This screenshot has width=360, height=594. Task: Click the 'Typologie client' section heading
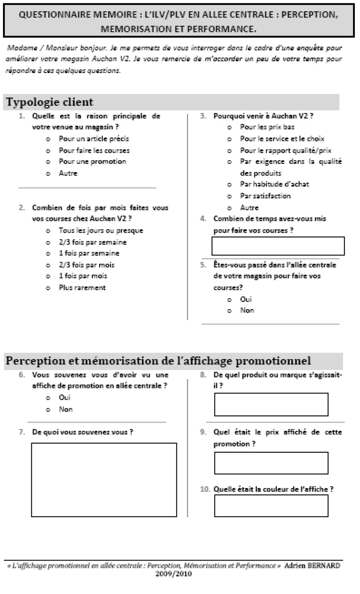coord(50,103)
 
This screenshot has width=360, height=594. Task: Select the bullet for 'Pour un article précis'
coord(48,139)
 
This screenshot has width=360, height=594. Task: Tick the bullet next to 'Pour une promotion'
coord(48,162)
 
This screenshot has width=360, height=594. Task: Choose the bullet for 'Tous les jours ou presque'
coord(48,231)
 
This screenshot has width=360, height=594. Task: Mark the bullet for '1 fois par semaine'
coord(48,254)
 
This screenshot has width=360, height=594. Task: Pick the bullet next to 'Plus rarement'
coord(48,288)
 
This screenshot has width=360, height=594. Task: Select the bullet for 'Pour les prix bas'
coord(229,128)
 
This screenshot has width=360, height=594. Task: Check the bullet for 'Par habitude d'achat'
coord(229,184)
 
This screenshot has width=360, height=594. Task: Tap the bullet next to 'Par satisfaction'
coord(229,196)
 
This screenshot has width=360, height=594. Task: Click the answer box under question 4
coord(278,246)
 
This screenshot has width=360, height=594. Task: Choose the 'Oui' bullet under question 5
coord(229,300)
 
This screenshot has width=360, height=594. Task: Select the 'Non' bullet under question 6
coord(48,410)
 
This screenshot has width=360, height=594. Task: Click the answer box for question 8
coord(271,405)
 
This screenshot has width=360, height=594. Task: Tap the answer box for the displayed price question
coord(271,463)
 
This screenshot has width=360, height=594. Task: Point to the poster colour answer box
coord(271,506)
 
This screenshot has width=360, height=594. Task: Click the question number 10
coord(204,489)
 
